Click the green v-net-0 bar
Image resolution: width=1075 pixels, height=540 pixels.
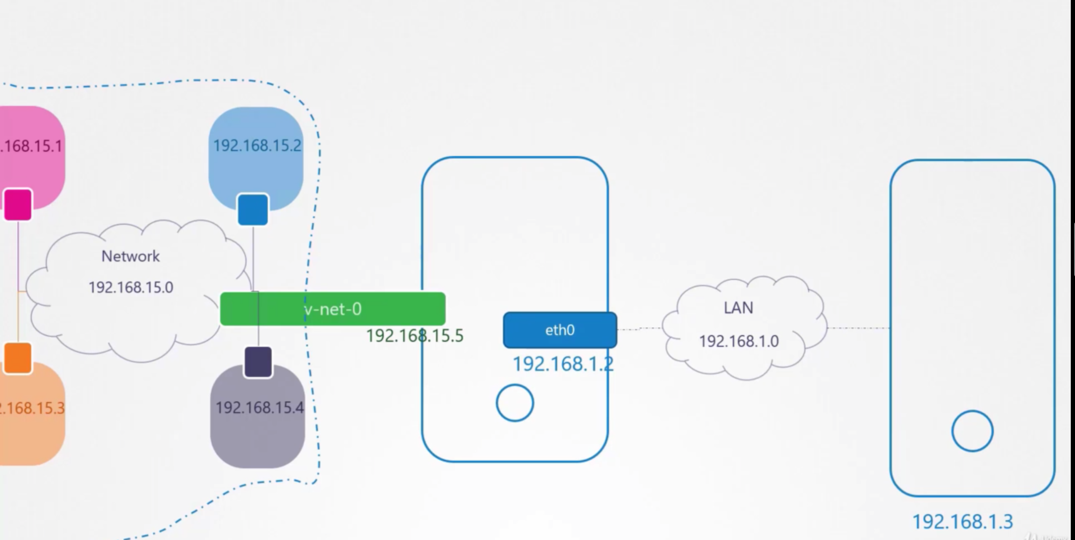click(x=332, y=309)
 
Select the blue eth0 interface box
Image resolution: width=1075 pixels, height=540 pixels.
click(x=560, y=330)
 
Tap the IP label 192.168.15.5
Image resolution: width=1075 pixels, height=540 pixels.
click(x=414, y=336)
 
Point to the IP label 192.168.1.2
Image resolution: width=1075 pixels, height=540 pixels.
click(x=563, y=364)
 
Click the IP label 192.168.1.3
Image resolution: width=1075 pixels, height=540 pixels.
click(x=962, y=521)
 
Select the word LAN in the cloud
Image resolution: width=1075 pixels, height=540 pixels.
click(x=738, y=308)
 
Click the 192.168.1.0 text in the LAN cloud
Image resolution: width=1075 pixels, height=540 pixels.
click(x=738, y=341)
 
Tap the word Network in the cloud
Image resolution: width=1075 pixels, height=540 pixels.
click(x=131, y=256)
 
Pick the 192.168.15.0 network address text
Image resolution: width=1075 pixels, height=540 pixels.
click(x=131, y=287)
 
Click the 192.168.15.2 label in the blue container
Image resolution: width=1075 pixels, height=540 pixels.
click(x=257, y=146)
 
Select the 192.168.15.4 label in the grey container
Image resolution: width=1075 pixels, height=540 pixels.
click(x=259, y=407)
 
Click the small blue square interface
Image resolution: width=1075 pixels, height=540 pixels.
click(x=253, y=209)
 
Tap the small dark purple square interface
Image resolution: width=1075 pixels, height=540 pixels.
click(x=258, y=362)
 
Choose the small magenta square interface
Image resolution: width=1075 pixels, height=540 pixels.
click(x=18, y=204)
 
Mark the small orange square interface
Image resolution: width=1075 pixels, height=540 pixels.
click(x=18, y=358)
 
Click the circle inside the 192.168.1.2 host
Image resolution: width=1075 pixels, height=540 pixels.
click(x=515, y=403)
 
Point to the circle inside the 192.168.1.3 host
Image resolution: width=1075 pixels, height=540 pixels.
click(x=972, y=431)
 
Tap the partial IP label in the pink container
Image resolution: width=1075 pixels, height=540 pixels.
click(x=31, y=146)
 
